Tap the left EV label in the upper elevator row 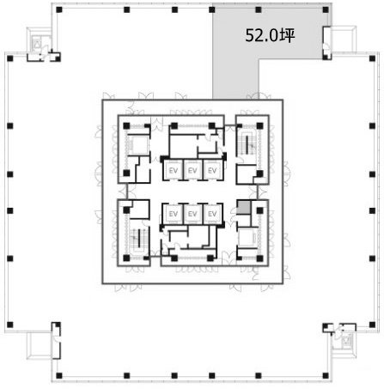click(172, 170)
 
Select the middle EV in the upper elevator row click(192, 170)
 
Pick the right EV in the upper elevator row click(213, 170)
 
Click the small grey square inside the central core click(244, 208)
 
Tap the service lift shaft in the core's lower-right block click(248, 239)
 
